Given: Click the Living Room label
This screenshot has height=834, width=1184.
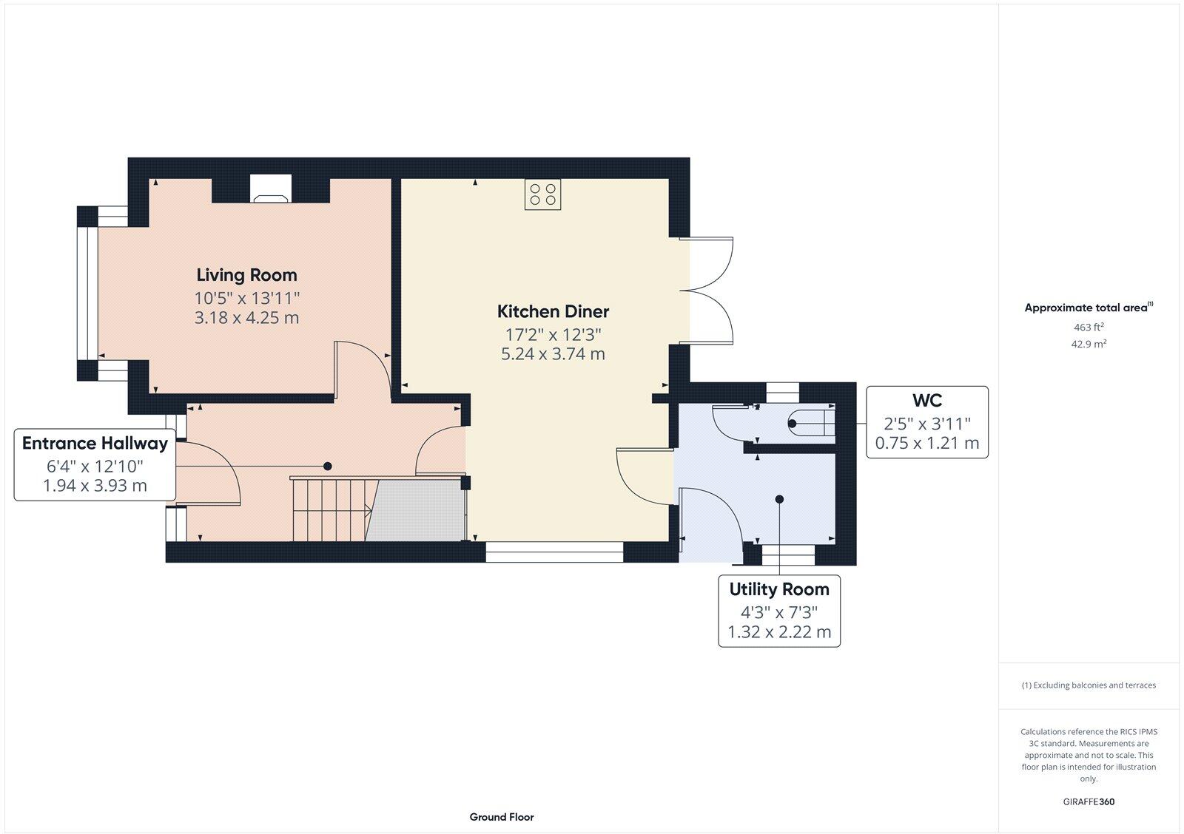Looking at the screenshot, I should point(246,275).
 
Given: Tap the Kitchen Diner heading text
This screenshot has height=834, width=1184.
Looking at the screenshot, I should point(553,311).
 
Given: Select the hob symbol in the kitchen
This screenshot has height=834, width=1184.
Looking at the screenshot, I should point(542,194).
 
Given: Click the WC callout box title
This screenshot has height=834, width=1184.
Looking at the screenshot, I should point(926,401).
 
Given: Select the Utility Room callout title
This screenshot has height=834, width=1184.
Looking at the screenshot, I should point(778,589).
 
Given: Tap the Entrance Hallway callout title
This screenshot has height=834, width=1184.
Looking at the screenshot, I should point(95,443).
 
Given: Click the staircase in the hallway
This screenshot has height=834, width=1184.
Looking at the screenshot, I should point(331,510).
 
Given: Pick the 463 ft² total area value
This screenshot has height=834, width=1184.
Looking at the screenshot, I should point(1089,327).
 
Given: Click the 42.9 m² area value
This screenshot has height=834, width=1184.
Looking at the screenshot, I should point(1089,344).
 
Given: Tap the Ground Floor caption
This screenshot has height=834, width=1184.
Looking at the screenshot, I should point(501,817).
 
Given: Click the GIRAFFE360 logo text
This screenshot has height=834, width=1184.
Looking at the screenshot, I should point(1089,801).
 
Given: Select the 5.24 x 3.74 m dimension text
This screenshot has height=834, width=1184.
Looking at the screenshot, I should point(553,354).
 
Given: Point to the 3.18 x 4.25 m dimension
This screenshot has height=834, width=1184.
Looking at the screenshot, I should point(246,318).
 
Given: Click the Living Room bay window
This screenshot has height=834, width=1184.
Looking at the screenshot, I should point(88,293).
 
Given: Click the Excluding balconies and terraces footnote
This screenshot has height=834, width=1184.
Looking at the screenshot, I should point(1089,685).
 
